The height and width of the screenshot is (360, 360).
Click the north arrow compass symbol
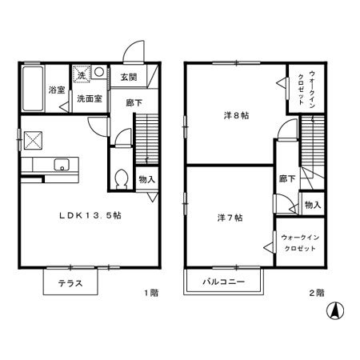(x=335, y=310)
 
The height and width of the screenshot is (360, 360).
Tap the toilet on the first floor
(x=122, y=179)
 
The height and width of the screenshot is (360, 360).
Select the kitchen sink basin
(x=62, y=165)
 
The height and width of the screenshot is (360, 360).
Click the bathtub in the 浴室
(x=33, y=89)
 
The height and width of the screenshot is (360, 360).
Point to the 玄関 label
(x=129, y=77)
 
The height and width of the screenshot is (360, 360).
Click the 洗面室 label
(x=90, y=98)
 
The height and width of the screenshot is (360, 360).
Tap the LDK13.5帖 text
(x=90, y=215)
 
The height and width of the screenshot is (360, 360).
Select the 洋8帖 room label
(x=236, y=115)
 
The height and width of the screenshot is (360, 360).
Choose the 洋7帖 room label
(x=230, y=218)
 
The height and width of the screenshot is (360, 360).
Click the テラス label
(x=70, y=283)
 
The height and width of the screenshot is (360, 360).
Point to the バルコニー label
(x=223, y=282)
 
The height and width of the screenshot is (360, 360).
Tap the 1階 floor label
(x=151, y=293)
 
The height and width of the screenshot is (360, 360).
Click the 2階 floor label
(x=317, y=293)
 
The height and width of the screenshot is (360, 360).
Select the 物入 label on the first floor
(x=147, y=179)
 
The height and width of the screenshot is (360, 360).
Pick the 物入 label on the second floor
(x=313, y=205)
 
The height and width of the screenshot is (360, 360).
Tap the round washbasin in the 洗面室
(x=99, y=72)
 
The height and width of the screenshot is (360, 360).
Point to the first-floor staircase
(x=147, y=138)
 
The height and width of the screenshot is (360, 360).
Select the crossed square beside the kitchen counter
(x=33, y=141)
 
